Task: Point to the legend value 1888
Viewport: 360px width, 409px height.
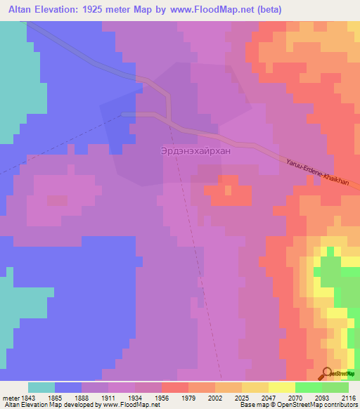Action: pos(83,397)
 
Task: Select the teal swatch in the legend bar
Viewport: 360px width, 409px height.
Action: pos(41,387)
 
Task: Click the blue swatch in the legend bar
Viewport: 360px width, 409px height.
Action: pos(68,387)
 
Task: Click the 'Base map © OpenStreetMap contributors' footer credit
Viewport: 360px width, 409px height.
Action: pos(298,405)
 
